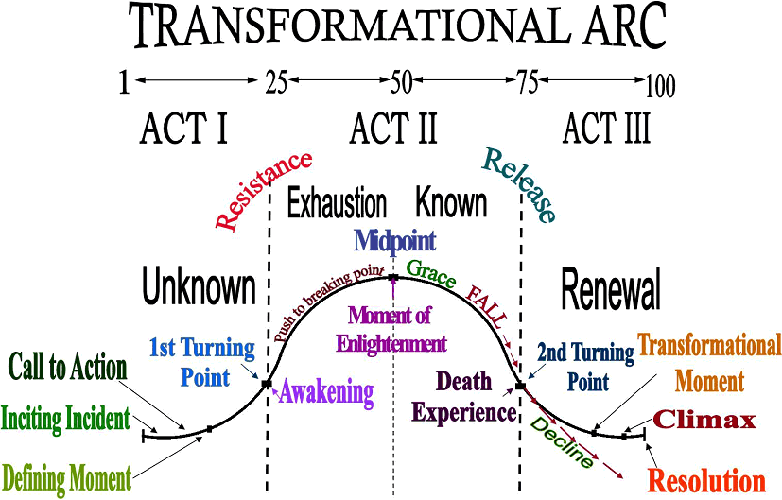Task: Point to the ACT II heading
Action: coord(393,129)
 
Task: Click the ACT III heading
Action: coord(606,129)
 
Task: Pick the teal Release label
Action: coord(519,185)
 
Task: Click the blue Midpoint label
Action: coord(395,241)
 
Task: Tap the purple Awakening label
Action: coord(326,392)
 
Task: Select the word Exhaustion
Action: coord(338,203)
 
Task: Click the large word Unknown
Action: coord(199,286)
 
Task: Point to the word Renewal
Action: coord(611,288)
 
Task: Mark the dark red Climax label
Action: coord(704,420)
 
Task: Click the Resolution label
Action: coord(707,481)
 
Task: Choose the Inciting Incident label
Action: coord(66,419)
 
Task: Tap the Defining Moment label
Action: coord(67,478)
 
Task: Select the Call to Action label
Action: coord(68,367)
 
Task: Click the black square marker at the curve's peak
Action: coord(393,277)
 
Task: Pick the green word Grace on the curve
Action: coord(431,274)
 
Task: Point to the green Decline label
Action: coord(562,442)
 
